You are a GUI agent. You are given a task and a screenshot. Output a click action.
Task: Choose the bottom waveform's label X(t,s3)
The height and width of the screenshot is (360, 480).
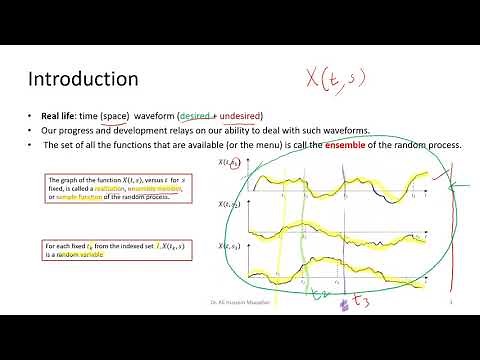pos(229,246)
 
